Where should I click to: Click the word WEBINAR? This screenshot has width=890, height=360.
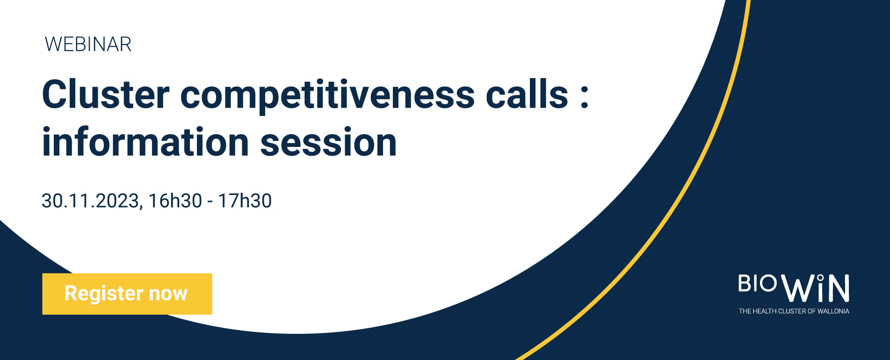coord(88,44)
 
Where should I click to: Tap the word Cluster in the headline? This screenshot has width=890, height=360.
coord(106,94)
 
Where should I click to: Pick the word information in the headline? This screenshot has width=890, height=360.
coord(145,142)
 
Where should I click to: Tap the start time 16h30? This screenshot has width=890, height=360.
coord(175,201)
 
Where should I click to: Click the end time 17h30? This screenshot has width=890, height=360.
coord(245,201)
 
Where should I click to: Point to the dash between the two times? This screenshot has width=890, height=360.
coord(210,202)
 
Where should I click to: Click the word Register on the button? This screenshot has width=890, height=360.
coord(104,294)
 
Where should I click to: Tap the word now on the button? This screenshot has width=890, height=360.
coord(168,294)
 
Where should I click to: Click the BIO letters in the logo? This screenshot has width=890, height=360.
coord(758,283)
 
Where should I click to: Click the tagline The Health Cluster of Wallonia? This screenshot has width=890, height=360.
coord(794,311)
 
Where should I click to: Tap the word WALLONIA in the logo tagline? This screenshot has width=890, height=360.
coord(833,311)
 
